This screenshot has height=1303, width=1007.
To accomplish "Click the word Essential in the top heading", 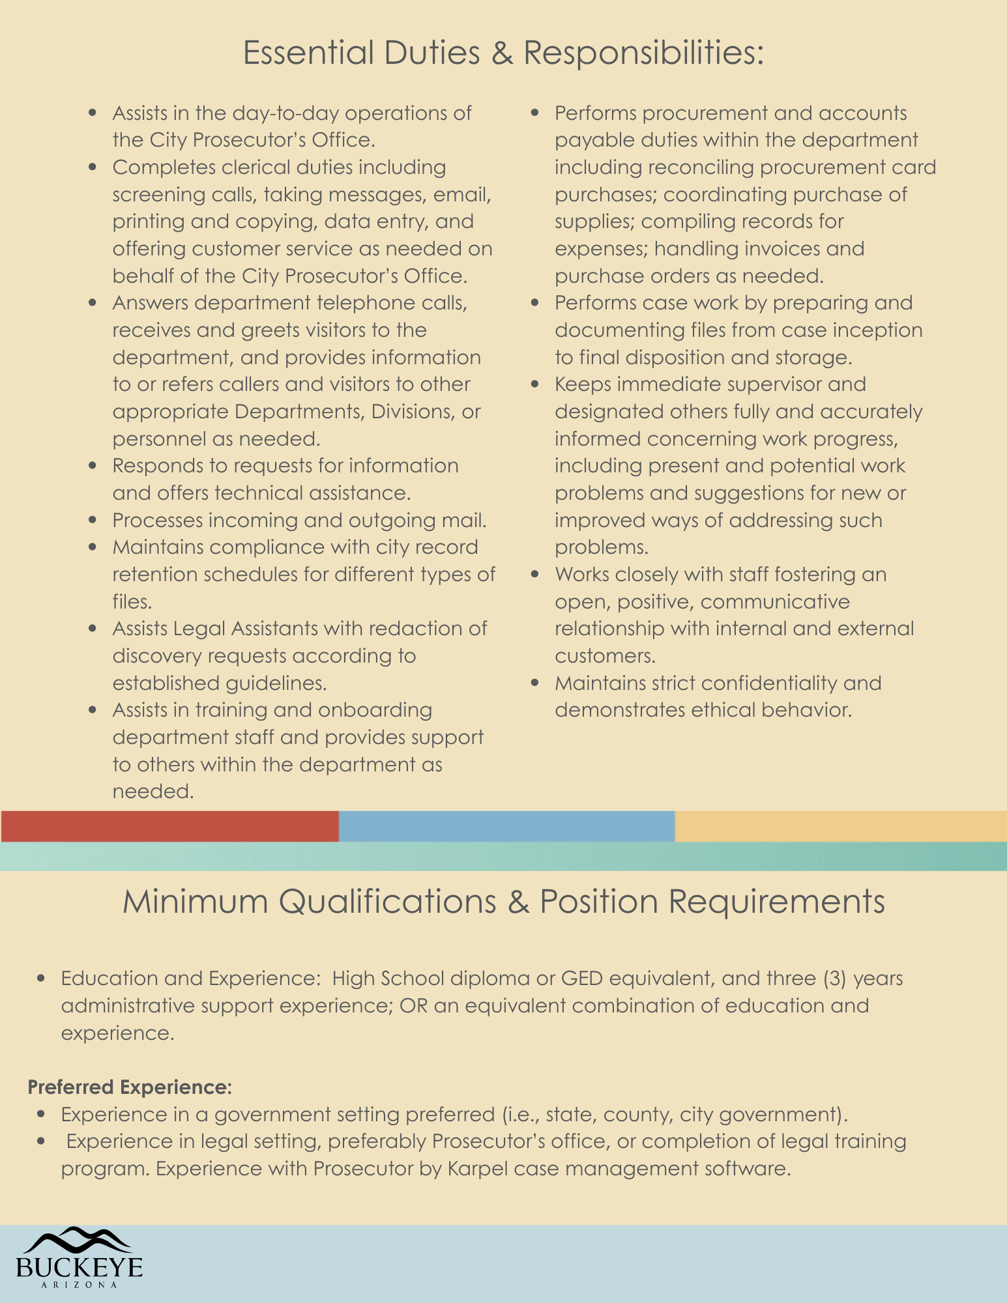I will [307, 53].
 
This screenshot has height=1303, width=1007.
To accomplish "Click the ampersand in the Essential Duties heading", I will [502, 53].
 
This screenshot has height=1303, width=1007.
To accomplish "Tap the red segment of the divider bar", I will [169, 826].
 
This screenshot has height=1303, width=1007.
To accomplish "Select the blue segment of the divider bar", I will [506, 826].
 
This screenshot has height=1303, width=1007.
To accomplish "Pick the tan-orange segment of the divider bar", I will [841, 826].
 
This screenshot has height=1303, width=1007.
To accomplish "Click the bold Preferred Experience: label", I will [130, 1087].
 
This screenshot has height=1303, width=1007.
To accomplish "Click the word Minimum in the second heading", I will [195, 902].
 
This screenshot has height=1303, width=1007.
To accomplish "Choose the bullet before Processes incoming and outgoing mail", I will [93, 521].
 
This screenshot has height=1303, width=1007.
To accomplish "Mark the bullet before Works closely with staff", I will [536, 575].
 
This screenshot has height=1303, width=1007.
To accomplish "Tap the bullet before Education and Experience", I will [42, 979].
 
